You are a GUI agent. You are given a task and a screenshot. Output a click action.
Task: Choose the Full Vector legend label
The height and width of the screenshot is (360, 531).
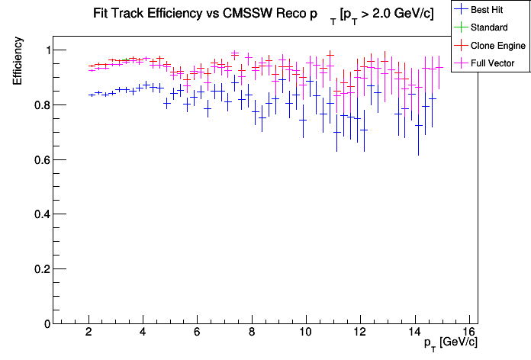(x=494, y=63)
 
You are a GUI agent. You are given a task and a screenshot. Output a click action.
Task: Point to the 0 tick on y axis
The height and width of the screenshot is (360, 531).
(x=45, y=324)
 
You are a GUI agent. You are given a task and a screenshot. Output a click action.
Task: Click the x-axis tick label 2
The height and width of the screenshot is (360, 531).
(x=89, y=332)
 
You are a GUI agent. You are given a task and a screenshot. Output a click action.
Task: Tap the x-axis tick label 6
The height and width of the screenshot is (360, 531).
(x=198, y=332)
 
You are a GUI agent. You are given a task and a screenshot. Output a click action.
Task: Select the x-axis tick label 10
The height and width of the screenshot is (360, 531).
(x=305, y=332)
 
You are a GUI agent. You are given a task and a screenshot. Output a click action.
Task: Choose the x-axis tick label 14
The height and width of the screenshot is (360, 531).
(x=414, y=332)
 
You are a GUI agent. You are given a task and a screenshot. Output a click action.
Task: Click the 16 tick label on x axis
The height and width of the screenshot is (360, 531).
(x=468, y=332)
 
